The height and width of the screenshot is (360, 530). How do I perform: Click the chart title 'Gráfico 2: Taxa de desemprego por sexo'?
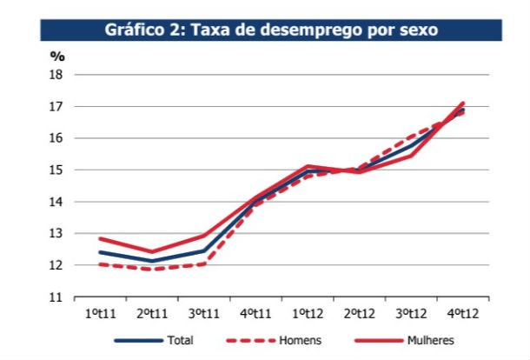[270, 29]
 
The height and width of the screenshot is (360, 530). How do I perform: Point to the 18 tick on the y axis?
[57, 75]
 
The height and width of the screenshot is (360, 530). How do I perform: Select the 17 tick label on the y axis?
[57, 107]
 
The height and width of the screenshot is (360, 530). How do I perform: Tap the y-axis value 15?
[57, 170]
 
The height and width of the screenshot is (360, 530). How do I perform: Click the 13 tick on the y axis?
[57, 234]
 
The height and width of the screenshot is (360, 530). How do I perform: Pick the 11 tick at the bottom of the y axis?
[57, 297]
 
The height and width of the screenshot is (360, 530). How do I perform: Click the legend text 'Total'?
[182, 341]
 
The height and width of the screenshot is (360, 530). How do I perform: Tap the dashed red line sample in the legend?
[248, 341]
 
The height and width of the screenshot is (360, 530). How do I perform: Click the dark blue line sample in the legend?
[138, 341]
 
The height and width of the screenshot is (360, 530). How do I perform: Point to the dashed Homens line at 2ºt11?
[152, 269]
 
